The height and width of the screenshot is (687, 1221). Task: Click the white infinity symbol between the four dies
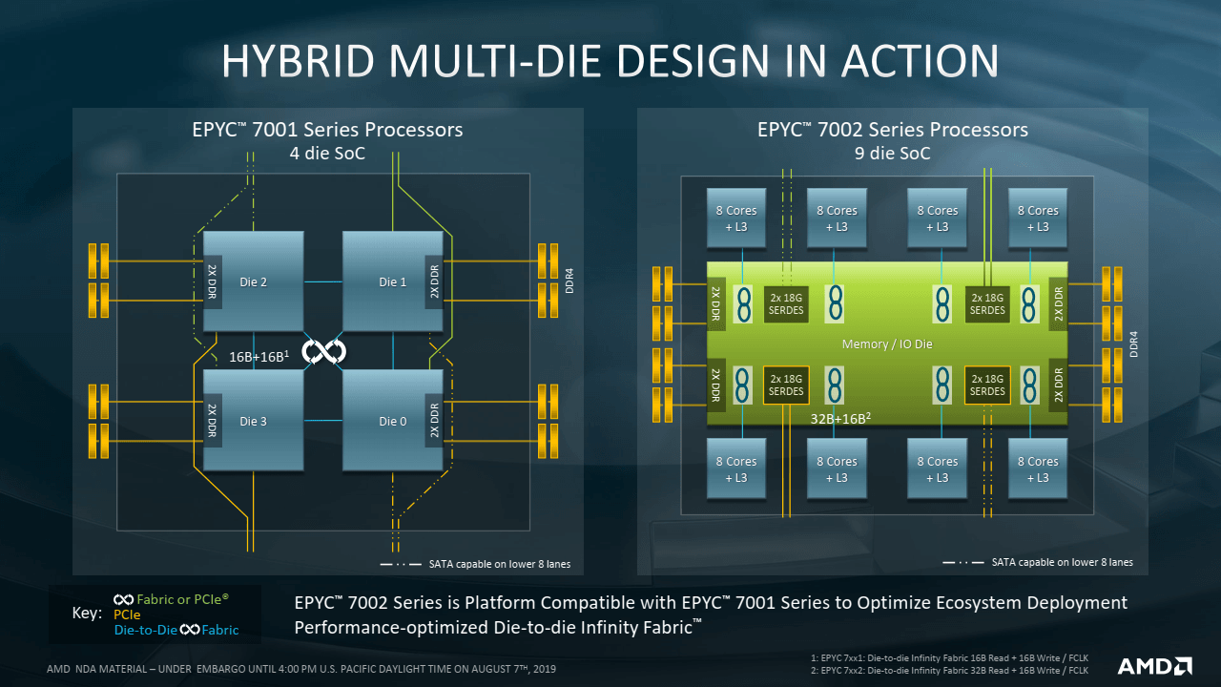323,352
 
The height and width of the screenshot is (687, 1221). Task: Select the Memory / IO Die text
887,343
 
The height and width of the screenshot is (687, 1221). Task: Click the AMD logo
1154,666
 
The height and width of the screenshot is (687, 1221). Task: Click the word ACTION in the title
920,61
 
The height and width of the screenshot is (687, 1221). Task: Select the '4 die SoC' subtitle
328,153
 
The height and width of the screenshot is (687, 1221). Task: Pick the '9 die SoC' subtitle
893,153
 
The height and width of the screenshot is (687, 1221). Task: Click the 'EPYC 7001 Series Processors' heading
328,130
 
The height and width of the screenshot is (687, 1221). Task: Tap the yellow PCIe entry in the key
127,614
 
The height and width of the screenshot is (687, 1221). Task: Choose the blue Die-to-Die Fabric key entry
176,630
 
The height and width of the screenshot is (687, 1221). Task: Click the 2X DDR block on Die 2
213,281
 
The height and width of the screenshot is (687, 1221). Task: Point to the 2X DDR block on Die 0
434,421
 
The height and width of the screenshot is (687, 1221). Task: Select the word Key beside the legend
87,614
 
